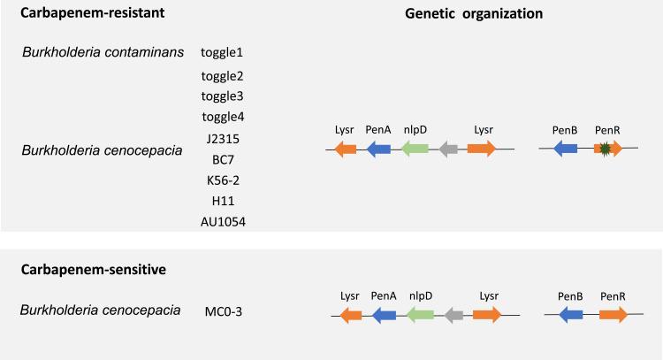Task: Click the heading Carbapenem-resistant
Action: pos(77,14)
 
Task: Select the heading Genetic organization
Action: pos(474,14)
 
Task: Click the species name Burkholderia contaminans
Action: pos(103,51)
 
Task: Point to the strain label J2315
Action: pos(221,139)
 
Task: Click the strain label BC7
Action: pos(221,159)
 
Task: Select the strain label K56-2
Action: pos(221,180)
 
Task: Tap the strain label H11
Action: pos(221,200)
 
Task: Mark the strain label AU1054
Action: pos(222,221)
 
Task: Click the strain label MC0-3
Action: pos(222,310)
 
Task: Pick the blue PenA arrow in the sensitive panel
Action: pos(384,314)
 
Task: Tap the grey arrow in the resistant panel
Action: pos(450,149)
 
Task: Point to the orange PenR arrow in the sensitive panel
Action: pos(613,314)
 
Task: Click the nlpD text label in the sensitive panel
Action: pos(420,295)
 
